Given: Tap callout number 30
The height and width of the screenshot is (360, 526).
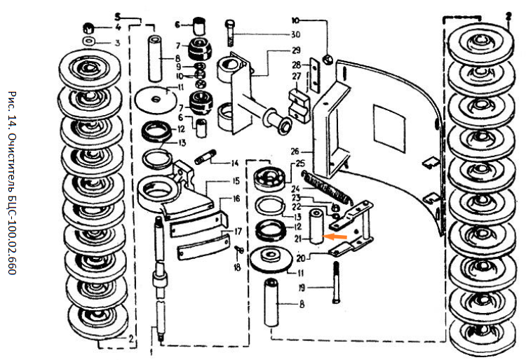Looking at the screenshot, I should click(296, 34).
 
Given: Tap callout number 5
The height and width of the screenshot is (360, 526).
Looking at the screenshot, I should click(118, 14).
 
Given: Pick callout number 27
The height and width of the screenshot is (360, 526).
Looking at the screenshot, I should click(297, 75).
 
